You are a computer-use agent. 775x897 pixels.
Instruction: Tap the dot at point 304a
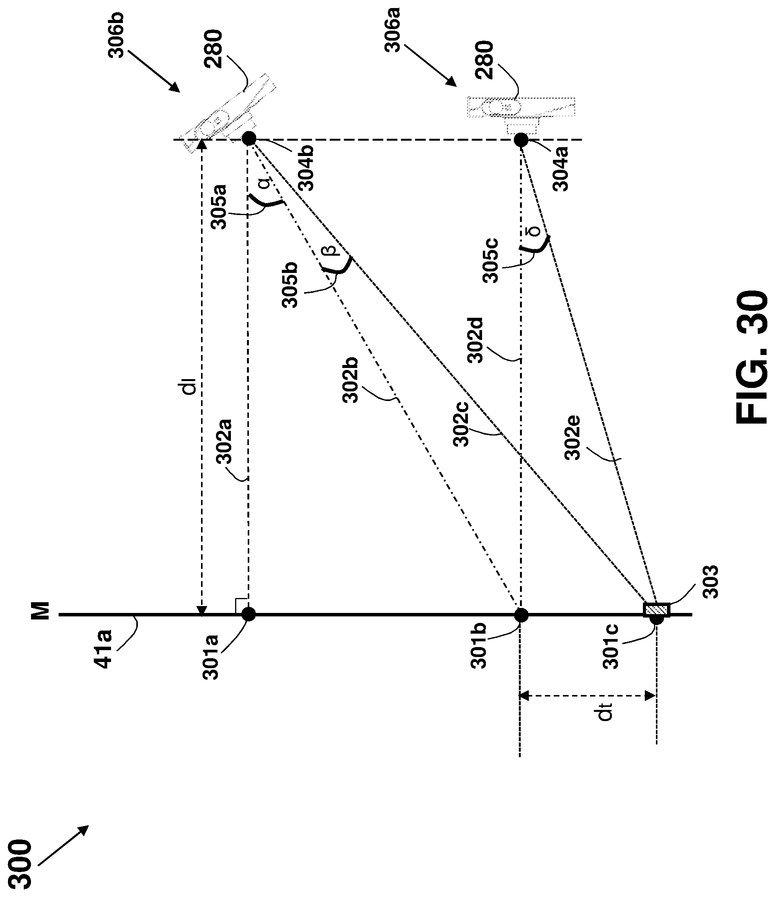[x=521, y=140]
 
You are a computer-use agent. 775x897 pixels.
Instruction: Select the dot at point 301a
[x=249, y=614]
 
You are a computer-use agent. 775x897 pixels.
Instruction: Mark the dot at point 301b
[x=521, y=615]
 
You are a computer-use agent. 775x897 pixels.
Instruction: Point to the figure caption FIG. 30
[x=751, y=357]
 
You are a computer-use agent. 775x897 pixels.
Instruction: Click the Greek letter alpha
[x=265, y=182]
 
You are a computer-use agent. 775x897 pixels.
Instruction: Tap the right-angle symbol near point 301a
[x=241, y=605]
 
